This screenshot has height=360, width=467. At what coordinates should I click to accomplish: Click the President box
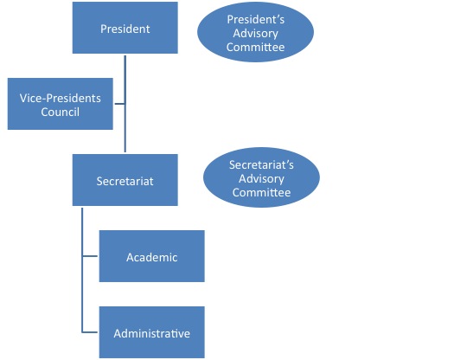(x=125, y=28)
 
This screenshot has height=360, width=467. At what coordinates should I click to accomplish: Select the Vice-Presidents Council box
(x=61, y=104)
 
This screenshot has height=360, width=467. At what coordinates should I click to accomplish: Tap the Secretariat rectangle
(x=125, y=180)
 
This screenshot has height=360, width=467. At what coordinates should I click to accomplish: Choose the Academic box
(x=152, y=256)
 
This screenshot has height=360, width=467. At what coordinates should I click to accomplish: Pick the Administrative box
(x=152, y=332)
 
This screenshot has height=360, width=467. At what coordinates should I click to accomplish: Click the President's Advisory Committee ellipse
(x=255, y=32)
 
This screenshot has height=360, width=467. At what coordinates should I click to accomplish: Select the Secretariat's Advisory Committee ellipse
(x=261, y=177)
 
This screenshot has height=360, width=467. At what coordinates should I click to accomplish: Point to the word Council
(x=61, y=112)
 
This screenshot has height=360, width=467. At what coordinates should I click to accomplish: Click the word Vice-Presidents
(x=61, y=98)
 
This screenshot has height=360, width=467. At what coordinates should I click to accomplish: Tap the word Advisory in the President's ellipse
(x=255, y=34)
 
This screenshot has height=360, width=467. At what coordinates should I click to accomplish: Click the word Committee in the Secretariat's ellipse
(x=261, y=192)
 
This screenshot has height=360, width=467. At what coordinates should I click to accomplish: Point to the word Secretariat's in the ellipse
(x=261, y=164)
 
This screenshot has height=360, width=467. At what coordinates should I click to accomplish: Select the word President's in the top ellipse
(x=255, y=20)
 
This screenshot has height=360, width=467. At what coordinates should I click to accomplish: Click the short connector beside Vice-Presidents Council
(x=119, y=104)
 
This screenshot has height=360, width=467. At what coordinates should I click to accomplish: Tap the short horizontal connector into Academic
(x=90, y=256)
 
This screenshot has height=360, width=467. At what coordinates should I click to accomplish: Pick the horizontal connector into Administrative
(x=90, y=332)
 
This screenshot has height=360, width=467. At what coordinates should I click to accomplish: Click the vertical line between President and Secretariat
(x=125, y=104)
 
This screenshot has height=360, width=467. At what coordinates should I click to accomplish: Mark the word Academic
(x=152, y=257)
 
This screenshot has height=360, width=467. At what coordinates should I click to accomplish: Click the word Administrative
(x=152, y=333)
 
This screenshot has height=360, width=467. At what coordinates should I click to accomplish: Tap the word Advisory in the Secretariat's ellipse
(x=261, y=179)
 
